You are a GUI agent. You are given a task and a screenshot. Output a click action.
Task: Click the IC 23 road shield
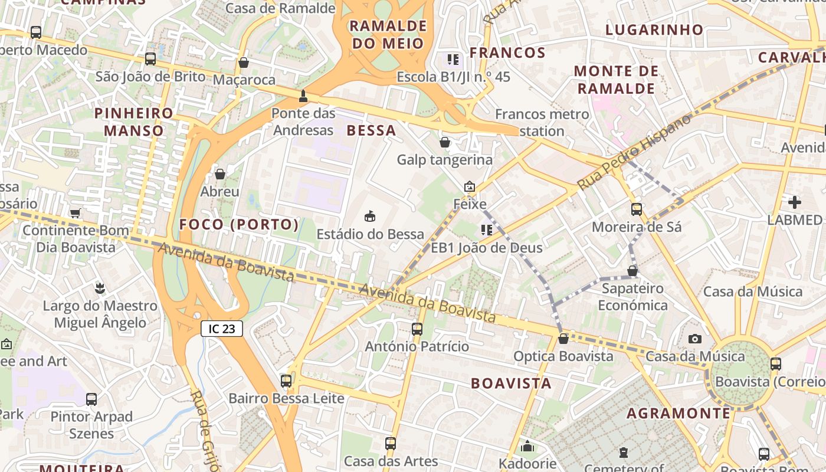pyautogui.click(x=222, y=329)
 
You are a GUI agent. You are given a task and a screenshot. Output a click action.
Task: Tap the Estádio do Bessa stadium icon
pyautogui.click(x=370, y=217)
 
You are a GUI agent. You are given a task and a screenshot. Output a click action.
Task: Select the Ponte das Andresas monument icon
pyautogui.click(x=303, y=96)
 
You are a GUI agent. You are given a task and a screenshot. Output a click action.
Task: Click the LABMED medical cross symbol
pyautogui.click(x=795, y=202)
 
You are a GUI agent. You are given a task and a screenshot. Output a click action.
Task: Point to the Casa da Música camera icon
pyautogui.click(x=695, y=339)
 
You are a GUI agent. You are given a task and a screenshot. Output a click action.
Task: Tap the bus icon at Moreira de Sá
pyautogui.click(x=637, y=209)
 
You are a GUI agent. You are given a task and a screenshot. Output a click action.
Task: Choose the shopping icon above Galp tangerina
pyautogui.click(x=445, y=142)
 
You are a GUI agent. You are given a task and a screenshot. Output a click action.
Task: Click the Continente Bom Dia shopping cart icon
pyautogui.click(x=75, y=213)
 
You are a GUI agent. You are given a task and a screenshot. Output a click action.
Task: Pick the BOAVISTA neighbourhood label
pyautogui.click(x=511, y=383)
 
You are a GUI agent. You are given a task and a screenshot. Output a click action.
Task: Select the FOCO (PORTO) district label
pyautogui.click(x=239, y=224)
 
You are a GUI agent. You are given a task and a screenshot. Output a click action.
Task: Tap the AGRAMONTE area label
pyautogui.click(x=678, y=413)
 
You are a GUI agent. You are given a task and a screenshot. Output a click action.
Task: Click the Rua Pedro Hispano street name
pyautogui.click(x=634, y=152)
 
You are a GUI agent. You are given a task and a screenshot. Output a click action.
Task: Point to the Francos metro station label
pyautogui.click(x=542, y=123)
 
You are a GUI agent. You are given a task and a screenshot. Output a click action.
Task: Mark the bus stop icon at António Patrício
pyautogui.click(x=417, y=329)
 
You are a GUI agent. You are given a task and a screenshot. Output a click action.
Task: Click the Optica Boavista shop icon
pyautogui.click(x=563, y=339)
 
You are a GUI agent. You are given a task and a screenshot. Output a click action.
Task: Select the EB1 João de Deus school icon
pyautogui.click(x=486, y=230)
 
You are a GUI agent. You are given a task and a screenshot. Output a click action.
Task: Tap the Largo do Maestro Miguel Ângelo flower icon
pyautogui.click(x=100, y=289)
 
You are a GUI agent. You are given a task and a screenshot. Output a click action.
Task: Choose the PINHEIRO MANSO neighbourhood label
pyautogui.click(x=134, y=122)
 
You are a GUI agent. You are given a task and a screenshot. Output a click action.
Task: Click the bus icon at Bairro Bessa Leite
pyautogui.click(x=286, y=381)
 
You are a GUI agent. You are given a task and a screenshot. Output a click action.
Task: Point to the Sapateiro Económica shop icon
pyautogui.click(x=632, y=271)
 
